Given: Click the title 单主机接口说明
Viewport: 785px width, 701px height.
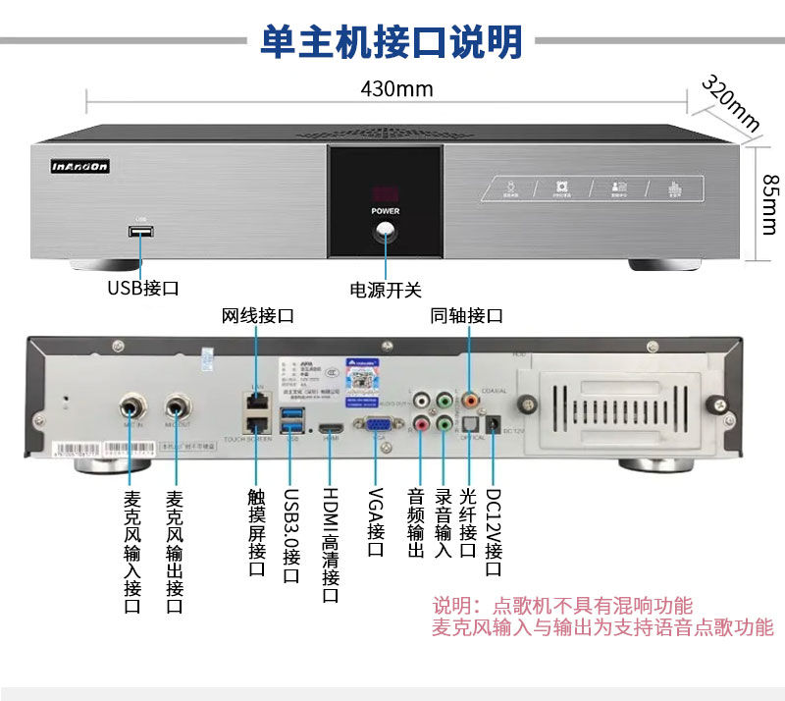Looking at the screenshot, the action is [x=391, y=42].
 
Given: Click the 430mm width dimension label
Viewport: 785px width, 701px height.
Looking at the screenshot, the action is [x=396, y=88].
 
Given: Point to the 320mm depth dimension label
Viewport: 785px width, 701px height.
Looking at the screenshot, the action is [x=731, y=102].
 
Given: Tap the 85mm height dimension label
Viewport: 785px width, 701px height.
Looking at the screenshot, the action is [x=768, y=205].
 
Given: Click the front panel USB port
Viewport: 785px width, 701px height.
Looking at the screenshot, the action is [x=140, y=232].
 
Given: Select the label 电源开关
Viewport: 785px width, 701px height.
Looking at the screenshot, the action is [x=386, y=290].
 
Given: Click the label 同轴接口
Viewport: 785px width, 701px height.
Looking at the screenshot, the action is [x=466, y=315].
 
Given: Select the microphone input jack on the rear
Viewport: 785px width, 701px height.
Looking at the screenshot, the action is [x=133, y=404].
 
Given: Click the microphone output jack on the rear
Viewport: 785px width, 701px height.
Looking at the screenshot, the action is [x=178, y=404].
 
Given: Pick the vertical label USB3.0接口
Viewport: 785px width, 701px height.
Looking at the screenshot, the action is [x=289, y=535].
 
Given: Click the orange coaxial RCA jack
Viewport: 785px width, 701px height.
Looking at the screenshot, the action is [x=470, y=401].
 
